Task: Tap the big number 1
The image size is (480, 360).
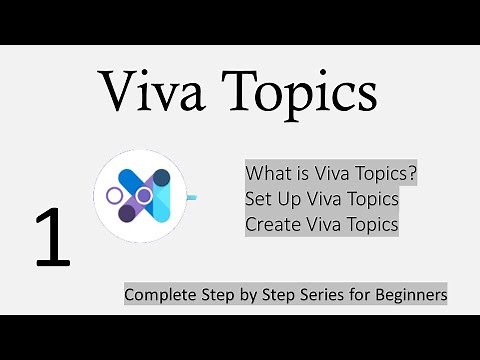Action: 53,239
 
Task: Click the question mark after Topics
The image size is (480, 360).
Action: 413,172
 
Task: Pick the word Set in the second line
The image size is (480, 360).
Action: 260,198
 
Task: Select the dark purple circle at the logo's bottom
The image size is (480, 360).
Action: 128,212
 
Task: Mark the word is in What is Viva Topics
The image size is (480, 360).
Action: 303,172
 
